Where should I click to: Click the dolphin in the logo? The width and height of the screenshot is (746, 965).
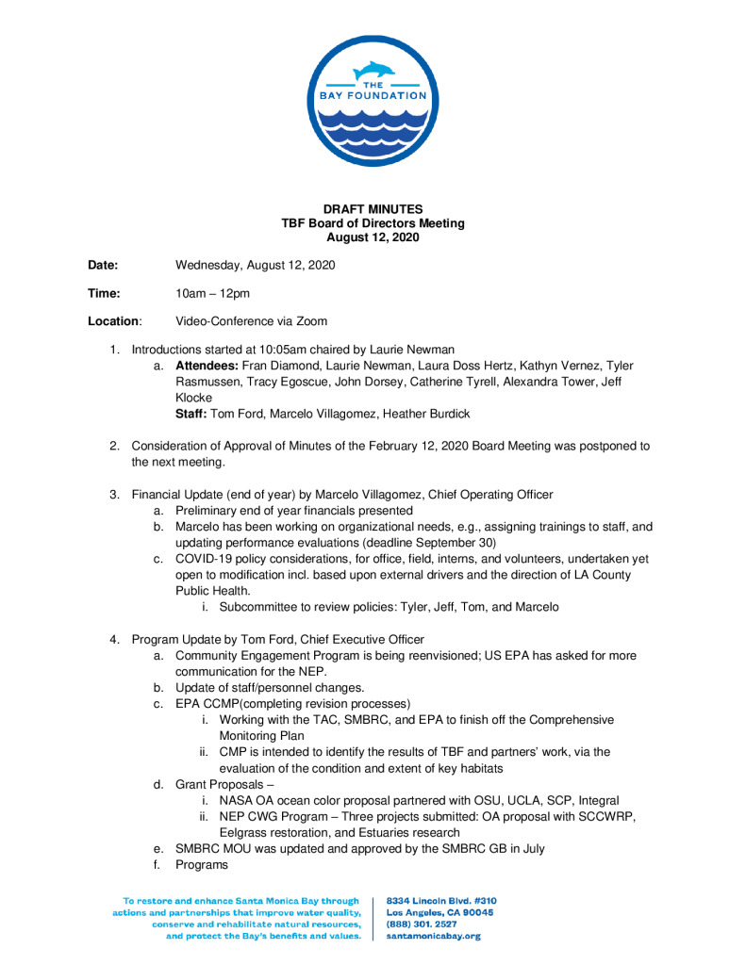tap(373, 70)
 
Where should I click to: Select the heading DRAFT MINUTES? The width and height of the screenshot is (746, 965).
tap(373, 209)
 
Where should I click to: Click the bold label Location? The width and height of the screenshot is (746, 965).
tap(113, 321)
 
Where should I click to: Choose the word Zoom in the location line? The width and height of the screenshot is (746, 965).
tap(311, 321)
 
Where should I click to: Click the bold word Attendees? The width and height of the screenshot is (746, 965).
tap(207, 365)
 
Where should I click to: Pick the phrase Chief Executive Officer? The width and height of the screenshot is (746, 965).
tap(365, 640)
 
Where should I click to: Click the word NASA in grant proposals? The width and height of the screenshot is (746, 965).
tap(236, 800)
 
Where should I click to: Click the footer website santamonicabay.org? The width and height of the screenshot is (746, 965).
tap(434, 937)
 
